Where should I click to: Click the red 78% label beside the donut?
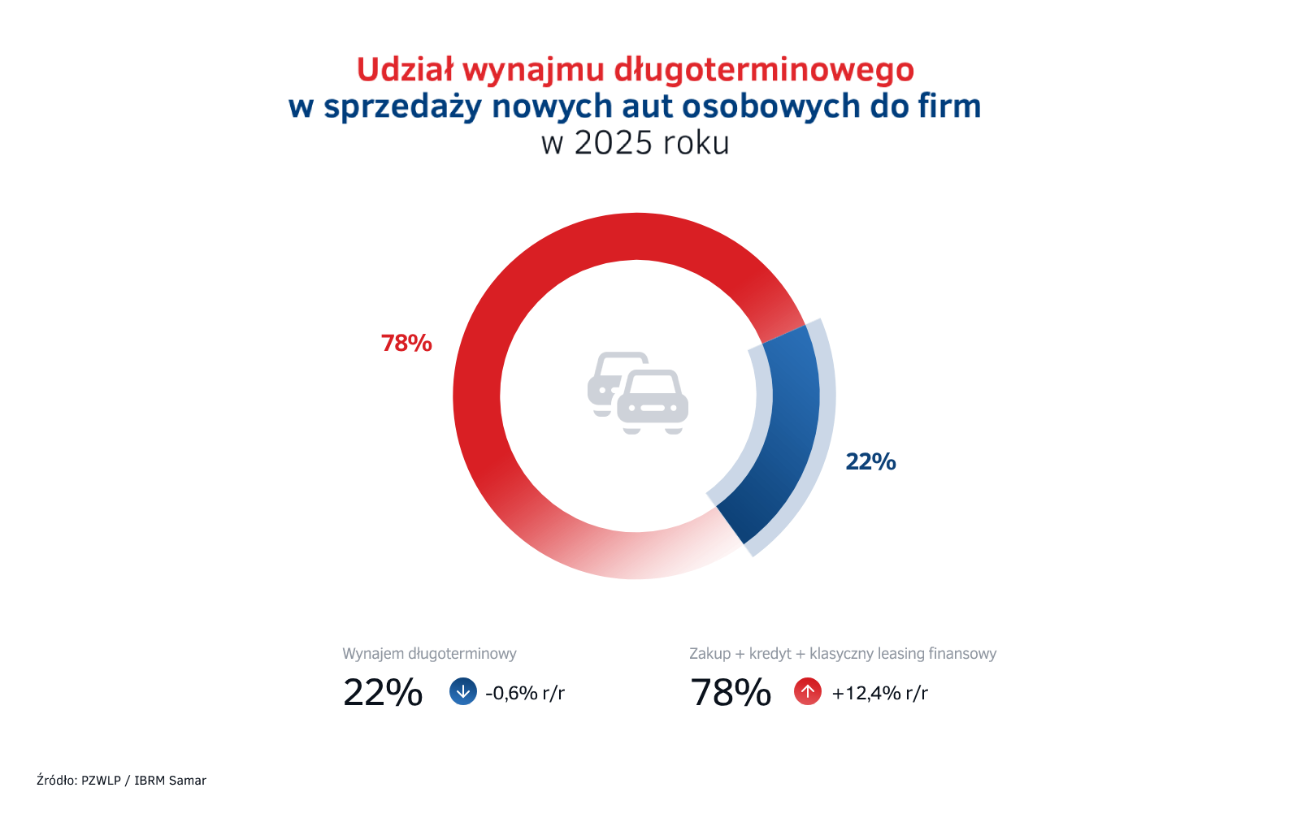click(x=406, y=343)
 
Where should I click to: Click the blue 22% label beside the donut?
click(x=870, y=461)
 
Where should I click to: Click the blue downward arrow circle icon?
click(x=463, y=692)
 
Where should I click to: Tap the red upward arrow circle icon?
click(x=808, y=692)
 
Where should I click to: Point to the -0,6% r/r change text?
click(x=525, y=693)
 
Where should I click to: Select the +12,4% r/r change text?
click(x=880, y=693)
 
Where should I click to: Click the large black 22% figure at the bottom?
click(x=383, y=693)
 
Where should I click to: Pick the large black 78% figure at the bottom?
click(x=731, y=693)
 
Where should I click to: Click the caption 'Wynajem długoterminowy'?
click(x=429, y=654)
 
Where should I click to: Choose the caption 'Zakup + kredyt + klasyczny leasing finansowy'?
click(x=843, y=654)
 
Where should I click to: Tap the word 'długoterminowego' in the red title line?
click(x=764, y=71)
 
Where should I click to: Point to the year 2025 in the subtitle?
click(x=613, y=143)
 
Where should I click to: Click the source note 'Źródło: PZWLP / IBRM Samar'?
click(x=121, y=780)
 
